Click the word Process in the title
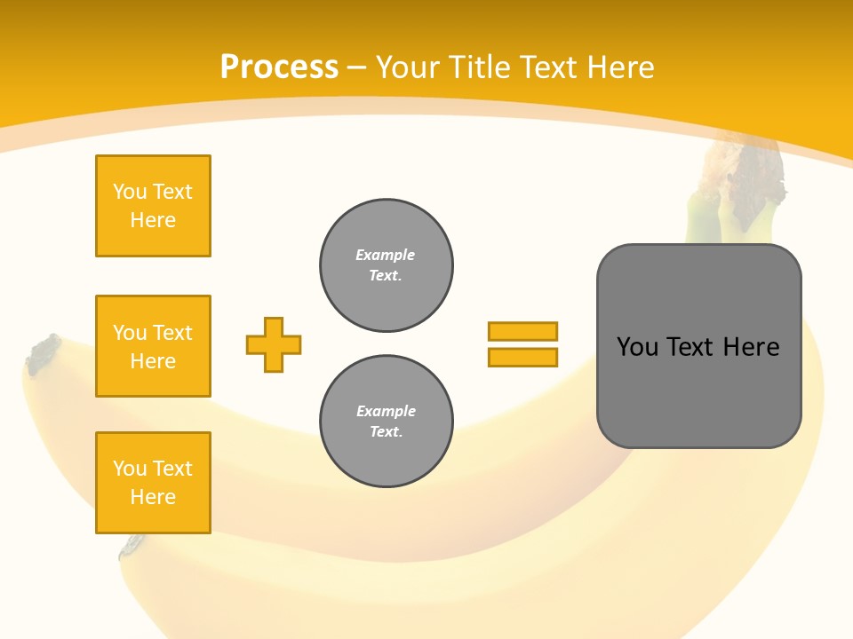279,67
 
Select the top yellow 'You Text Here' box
153,206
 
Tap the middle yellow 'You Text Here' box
153,346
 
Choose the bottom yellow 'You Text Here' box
153,483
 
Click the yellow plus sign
274,344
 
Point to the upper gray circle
387,265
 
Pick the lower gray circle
387,422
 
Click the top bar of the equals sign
522,332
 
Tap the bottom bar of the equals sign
522,357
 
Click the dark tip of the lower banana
132,545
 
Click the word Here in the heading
619,67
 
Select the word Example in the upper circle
386,255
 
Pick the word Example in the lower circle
386,411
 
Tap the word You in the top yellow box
130,192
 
